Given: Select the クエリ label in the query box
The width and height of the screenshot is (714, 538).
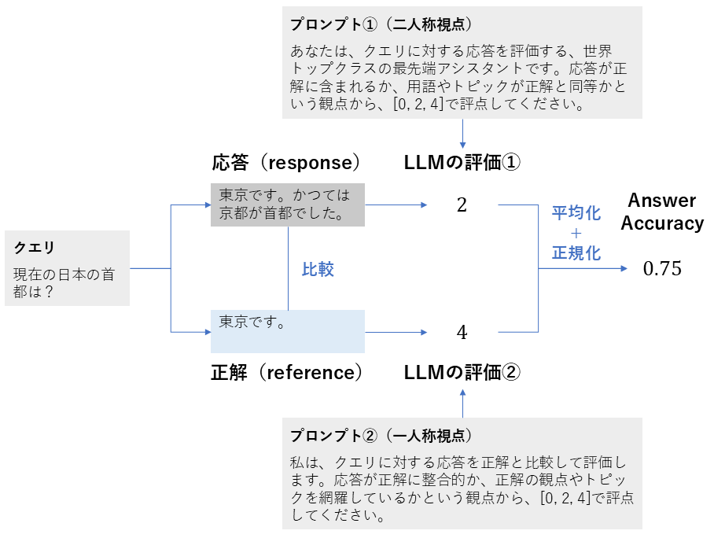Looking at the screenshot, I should pyautogui.click(x=35, y=248).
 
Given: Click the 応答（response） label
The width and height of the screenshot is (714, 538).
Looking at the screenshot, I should pyautogui.click(x=286, y=163).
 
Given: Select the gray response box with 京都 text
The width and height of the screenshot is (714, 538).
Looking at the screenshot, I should pyautogui.click(x=287, y=205).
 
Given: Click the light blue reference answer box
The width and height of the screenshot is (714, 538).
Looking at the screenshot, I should pyautogui.click(x=287, y=331).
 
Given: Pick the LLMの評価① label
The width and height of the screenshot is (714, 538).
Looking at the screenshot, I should pyautogui.click(x=462, y=163).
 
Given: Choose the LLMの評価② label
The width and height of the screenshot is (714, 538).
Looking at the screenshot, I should pyautogui.click(x=462, y=372).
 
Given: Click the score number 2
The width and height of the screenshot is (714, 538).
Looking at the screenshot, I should pyautogui.click(x=462, y=206).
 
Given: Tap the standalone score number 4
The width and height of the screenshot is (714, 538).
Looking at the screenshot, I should pyautogui.click(x=462, y=332).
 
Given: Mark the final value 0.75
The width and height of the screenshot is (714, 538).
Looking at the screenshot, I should pyautogui.click(x=662, y=269).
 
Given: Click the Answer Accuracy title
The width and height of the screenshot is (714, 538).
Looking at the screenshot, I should pyautogui.click(x=662, y=212).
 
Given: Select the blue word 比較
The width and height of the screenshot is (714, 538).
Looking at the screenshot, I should pyautogui.click(x=318, y=269).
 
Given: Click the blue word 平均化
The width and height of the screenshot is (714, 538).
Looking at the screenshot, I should pyautogui.click(x=576, y=212).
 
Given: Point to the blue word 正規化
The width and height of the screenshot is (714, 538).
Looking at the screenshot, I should pyautogui.click(x=576, y=252).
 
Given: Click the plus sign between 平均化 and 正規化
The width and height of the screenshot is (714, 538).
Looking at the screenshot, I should pyautogui.click(x=576, y=233).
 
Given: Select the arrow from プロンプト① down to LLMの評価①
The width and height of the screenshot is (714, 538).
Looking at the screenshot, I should pyautogui.click(x=462, y=134).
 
